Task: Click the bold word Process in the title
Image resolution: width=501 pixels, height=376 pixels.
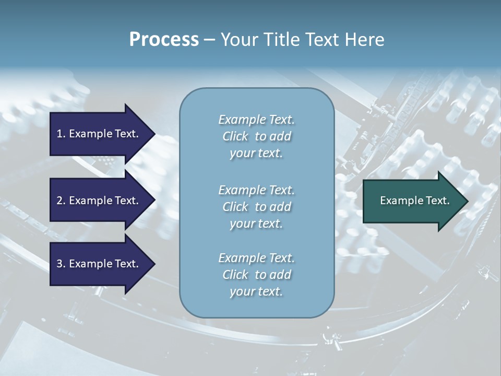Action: click(x=164, y=40)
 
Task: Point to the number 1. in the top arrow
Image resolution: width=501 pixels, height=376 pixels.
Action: click(x=61, y=134)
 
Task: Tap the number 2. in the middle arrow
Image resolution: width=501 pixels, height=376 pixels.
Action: click(x=61, y=201)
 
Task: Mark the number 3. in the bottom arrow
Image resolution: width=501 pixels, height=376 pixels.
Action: click(x=61, y=264)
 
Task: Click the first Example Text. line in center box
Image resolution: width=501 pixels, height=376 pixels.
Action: click(x=256, y=120)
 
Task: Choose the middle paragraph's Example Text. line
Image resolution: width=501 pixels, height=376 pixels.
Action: click(x=256, y=190)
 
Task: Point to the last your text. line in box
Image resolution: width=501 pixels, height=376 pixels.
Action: click(x=256, y=291)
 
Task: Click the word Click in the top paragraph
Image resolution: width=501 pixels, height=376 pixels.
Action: click(x=235, y=136)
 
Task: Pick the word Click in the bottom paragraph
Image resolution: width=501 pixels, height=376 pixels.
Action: click(x=235, y=275)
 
